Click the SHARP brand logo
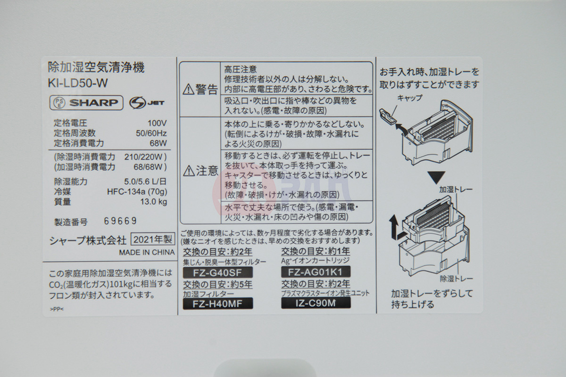tap(94, 103)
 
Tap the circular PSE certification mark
tap(59, 103)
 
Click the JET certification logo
tap(147, 103)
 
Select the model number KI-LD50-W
tap(78, 83)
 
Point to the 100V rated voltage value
tap(157, 123)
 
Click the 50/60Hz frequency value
tap(151, 133)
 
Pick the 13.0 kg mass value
tap(154, 202)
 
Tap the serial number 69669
tap(120, 221)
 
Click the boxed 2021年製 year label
tap(153, 239)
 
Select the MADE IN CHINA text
tap(147, 252)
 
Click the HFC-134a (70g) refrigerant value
tap(137, 192)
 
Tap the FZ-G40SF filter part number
tap(217, 272)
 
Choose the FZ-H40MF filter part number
tap(218, 304)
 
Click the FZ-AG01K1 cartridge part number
tap(316, 272)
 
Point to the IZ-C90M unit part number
tap(316, 303)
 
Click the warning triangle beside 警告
tap(188, 90)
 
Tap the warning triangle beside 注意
tap(189, 171)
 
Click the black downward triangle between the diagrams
tap(436, 178)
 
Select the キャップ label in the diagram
tap(409, 98)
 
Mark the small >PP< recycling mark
tap(57, 309)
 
